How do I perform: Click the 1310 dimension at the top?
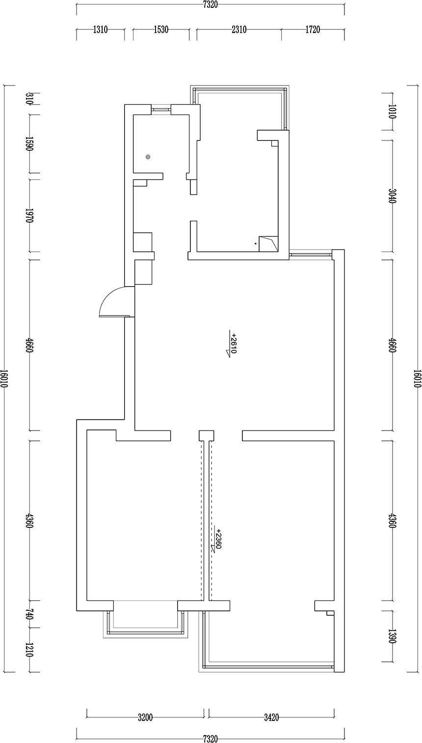click(x=100, y=30)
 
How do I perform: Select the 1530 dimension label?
click(x=161, y=30)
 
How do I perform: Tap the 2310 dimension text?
click(x=238, y=30)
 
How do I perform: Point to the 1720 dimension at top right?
click(x=313, y=30)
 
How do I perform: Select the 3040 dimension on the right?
click(x=392, y=196)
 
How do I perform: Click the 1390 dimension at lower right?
click(x=392, y=636)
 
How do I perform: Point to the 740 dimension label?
click(x=29, y=614)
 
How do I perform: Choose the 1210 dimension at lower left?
click(x=29, y=650)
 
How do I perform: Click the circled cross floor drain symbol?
click(x=148, y=157)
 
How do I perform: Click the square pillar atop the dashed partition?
click(x=206, y=435)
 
